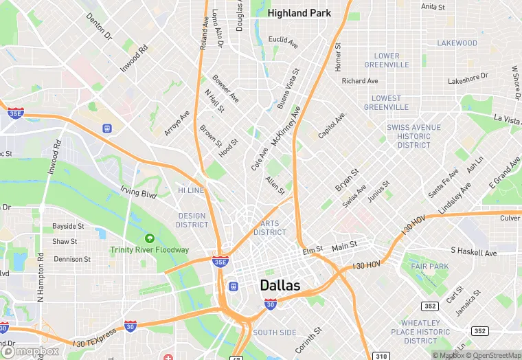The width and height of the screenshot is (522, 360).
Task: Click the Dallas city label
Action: (280, 285)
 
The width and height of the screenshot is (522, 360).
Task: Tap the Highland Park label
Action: (299, 13)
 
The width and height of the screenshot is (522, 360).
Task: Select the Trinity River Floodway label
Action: (149, 249)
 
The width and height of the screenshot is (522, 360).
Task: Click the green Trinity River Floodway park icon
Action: (150, 238)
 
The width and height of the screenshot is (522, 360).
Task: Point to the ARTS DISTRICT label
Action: (269, 228)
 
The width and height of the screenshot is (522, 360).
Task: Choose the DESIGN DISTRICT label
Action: (192, 221)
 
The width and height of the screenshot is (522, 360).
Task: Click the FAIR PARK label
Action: (429, 266)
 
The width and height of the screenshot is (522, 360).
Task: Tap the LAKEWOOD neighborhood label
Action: (457, 43)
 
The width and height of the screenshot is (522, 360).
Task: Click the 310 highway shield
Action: (382, 356)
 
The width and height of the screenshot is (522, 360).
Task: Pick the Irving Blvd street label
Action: (139, 192)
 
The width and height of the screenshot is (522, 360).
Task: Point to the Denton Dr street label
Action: (99, 25)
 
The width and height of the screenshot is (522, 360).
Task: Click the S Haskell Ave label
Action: (473, 253)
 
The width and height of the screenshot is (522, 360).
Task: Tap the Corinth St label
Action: (308, 340)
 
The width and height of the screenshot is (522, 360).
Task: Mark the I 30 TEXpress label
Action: (95, 337)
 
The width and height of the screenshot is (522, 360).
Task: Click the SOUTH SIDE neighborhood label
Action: (275, 333)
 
